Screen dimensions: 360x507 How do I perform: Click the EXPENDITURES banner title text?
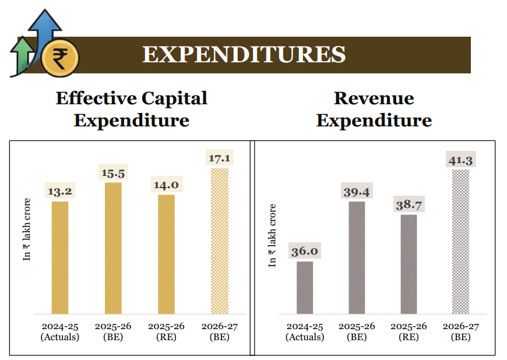point(244,55)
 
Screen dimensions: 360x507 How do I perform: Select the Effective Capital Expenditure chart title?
point(132,109)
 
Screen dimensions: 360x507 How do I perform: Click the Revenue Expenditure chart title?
point(374,109)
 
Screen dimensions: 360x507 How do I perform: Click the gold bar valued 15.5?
point(113,248)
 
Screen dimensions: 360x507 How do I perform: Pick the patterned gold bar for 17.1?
point(219,241)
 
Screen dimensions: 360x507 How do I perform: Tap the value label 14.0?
point(166,185)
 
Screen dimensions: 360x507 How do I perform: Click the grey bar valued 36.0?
point(305,287)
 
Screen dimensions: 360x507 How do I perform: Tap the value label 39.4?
point(357,192)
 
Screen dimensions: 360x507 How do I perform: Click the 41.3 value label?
point(460,159)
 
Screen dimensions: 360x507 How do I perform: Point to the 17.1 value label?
point(219,158)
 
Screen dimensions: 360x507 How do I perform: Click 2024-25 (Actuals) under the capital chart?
point(60,331)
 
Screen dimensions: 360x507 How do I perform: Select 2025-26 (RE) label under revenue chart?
point(409,331)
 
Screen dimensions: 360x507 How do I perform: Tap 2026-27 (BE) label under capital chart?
point(219,331)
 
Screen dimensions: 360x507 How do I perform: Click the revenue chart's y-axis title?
point(272,235)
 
